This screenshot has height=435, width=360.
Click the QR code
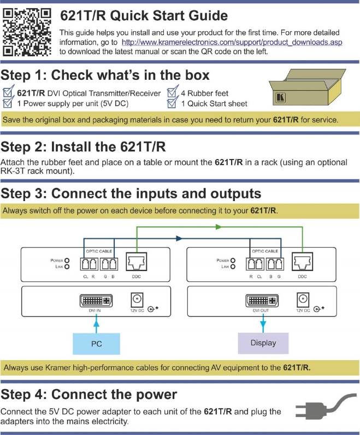click(27, 32)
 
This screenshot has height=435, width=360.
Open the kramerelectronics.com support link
click(232, 42)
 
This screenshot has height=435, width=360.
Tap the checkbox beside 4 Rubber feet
click(173, 91)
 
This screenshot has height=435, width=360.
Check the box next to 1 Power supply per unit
click(8, 102)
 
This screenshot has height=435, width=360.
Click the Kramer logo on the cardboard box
click(280, 97)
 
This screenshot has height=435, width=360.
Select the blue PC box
click(96, 344)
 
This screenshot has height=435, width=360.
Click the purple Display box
click(263, 343)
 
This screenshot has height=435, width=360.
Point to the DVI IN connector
click(96, 301)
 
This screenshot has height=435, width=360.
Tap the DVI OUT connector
click(262, 301)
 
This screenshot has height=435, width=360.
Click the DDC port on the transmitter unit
click(137, 262)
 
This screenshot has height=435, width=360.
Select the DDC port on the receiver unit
click(302, 262)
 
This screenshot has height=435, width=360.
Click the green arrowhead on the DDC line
click(219, 227)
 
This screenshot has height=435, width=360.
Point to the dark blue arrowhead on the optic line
click(179, 238)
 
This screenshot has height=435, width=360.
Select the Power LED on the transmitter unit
click(67, 261)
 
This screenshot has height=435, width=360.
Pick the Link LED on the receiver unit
click(233, 267)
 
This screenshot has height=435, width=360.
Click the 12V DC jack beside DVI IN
click(137, 299)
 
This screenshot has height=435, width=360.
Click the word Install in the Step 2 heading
click(70, 147)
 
